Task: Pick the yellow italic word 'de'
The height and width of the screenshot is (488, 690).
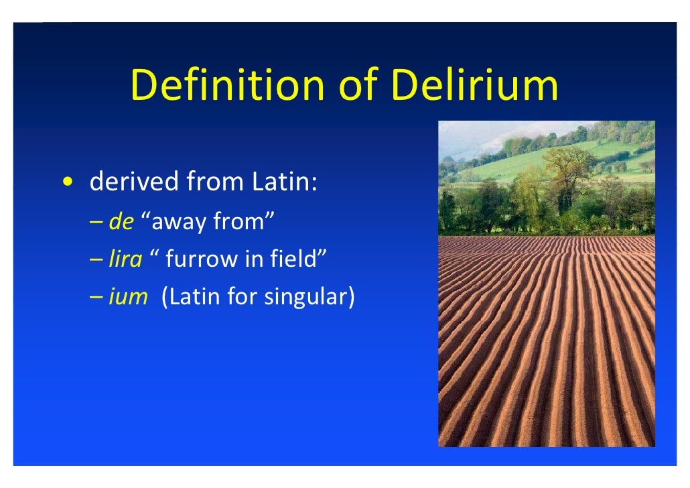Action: coord(122,222)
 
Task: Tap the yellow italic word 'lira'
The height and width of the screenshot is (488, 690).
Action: coord(126,259)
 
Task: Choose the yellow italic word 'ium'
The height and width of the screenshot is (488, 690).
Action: coord(128,296)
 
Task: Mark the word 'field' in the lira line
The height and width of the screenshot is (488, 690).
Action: coord(300,259)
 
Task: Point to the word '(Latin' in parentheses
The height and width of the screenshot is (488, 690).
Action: coord(191,296)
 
